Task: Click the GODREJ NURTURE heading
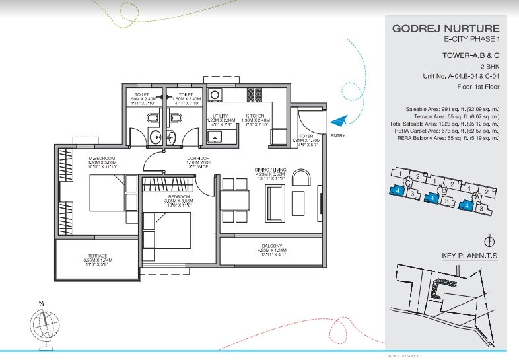pyautogui.click(x=446, y=29)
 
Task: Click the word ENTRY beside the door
pyautogui.click(x=337, y=136)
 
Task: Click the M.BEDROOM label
pyautogui.click(x=103, y=157)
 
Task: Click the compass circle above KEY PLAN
pyautogui.click(x=489, y=241)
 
